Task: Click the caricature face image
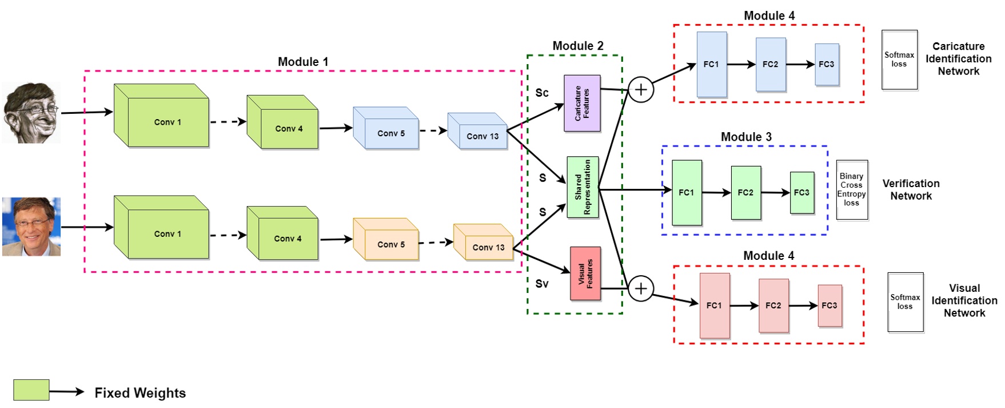(31, 112)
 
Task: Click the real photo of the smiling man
(31, 227)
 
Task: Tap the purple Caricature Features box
(582, 103)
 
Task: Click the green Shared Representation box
(583, 187)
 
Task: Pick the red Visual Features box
(585, 274)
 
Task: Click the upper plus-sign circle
(641, 90)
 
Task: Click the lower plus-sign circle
(641, 288)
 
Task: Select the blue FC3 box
(827, 64)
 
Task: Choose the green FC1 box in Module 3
(687, 192)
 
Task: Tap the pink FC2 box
(773, 306)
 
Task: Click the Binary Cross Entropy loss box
(852, 190)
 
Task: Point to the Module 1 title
(303, 62)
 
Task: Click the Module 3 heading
(746, 137)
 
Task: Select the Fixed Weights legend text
(140, 393)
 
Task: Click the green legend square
(31, 390)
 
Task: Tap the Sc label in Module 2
(542, 93)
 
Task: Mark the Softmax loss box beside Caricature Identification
(899, 60)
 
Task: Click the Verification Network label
(911, 190)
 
